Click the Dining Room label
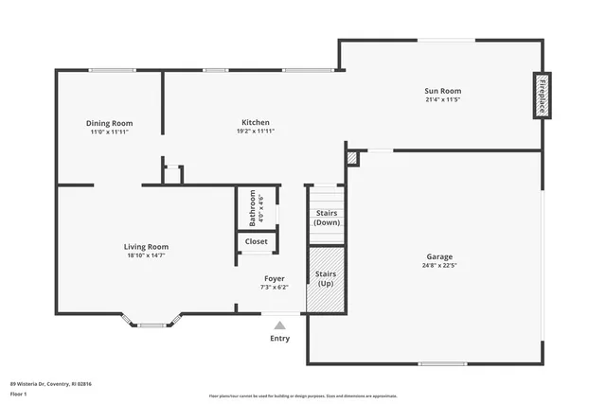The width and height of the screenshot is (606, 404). pyautogui.click(x=110, y=123)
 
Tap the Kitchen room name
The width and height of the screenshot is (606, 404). pyautogui.click(x=256, y=122)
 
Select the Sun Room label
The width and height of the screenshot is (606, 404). pyautogui.click(x=442, y=91)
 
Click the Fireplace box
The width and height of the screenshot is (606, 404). pyautogui.click(x=543, y=96)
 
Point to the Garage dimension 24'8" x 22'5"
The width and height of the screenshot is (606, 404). pyautogui.click(x=438, y=266)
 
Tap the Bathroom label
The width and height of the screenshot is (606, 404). pyautogui.click(x=253, y=208)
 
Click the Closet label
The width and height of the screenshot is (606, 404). pyautogui.click(x=257, y=241)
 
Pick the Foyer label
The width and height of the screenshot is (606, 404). pyautogui.click(x=274, y=278)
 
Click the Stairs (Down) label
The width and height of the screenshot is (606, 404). pyautogui.click(x=326, y=218)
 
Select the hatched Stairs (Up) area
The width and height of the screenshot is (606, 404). pyautogui.click(x=326, y=279)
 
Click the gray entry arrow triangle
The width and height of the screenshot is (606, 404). pyautogui.click(x=279, y=325)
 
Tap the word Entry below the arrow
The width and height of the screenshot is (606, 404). pyautogui.click(x=280, y=339)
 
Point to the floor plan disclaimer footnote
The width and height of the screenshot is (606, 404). pyautogui.click(x=302, y=395)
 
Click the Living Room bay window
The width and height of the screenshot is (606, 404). pyautogui.click(x=151, y=324)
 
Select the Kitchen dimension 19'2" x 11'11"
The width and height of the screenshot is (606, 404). pyautogui.click(x=256, y=132)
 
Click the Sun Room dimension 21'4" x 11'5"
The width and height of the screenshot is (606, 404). pyautogui.click(x=442, y=99)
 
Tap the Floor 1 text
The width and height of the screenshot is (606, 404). pyautogui.click(x=19, y=392)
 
